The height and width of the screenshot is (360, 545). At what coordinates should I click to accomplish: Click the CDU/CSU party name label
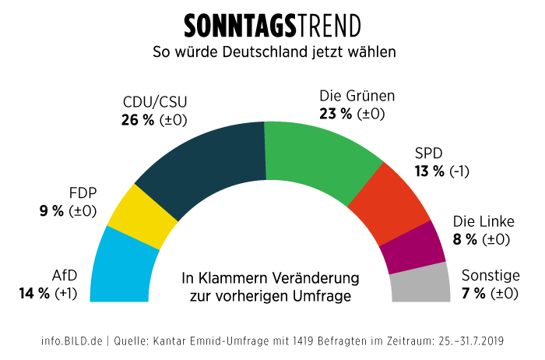155,102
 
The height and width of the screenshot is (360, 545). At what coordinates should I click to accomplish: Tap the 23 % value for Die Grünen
336,114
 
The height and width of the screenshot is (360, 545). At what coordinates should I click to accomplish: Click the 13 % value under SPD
430,171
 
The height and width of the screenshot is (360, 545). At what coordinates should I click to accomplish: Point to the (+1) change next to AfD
69,293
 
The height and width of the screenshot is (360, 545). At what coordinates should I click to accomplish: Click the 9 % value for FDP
53,210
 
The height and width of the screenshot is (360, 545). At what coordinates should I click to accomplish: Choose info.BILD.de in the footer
72,341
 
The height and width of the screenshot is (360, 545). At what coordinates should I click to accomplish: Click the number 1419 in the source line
303,341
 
